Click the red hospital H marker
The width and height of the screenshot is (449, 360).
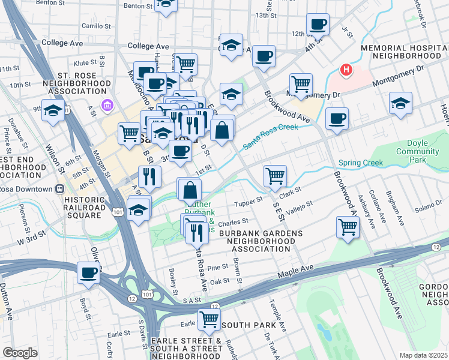tap(346, 70)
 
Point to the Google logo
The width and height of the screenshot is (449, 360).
tap(20, 353)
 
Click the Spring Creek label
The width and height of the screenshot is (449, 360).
tap(361, 163)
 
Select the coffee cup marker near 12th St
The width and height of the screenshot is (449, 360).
tap(318, 25)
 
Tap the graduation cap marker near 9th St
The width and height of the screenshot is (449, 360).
tap(53, 110)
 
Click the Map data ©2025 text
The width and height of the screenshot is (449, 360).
tap(424, 355)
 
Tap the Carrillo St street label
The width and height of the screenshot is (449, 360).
tap(97, 26)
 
